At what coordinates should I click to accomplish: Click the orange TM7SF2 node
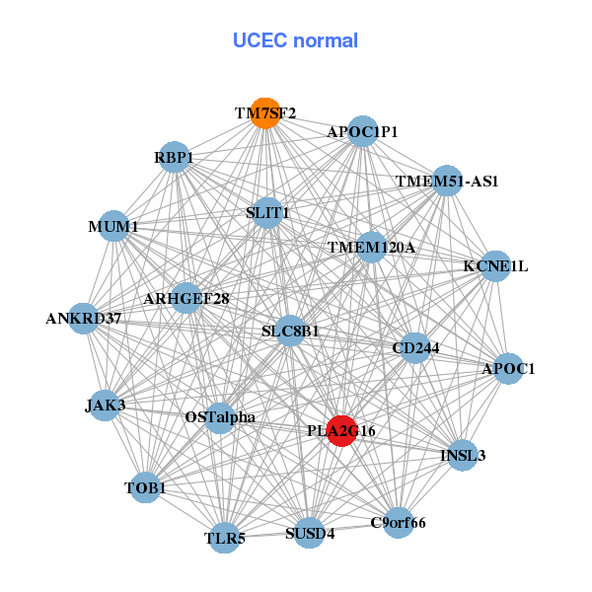coord(263,113)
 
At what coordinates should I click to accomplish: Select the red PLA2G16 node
coord(341,431)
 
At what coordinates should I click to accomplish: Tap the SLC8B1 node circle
coord(290,331)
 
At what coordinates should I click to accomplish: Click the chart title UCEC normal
coord(295,40)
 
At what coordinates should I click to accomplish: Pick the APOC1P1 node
coord(362,131)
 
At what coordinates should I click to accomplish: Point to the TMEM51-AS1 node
coord(447,181)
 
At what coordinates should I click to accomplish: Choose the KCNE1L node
coord(495,265)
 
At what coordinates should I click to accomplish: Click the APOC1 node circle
coord(508,368)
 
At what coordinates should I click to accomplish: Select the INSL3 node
coord(463,455)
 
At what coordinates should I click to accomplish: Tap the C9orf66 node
coord(398,522)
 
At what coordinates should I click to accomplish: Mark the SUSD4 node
coord(310,534)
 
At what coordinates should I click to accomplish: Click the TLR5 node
coord(225,538)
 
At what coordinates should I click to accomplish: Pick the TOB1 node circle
coord(145,487)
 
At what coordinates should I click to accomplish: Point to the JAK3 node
coord(105,404)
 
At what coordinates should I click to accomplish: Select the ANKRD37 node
coord(84,318)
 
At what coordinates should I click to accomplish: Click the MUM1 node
coord(113,227)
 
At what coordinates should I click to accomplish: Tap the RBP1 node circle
coord(174,157)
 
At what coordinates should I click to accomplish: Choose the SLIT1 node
coord(267,212)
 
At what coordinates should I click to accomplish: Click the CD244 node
coord(415,347)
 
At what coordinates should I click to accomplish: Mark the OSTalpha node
coord(220,417)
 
